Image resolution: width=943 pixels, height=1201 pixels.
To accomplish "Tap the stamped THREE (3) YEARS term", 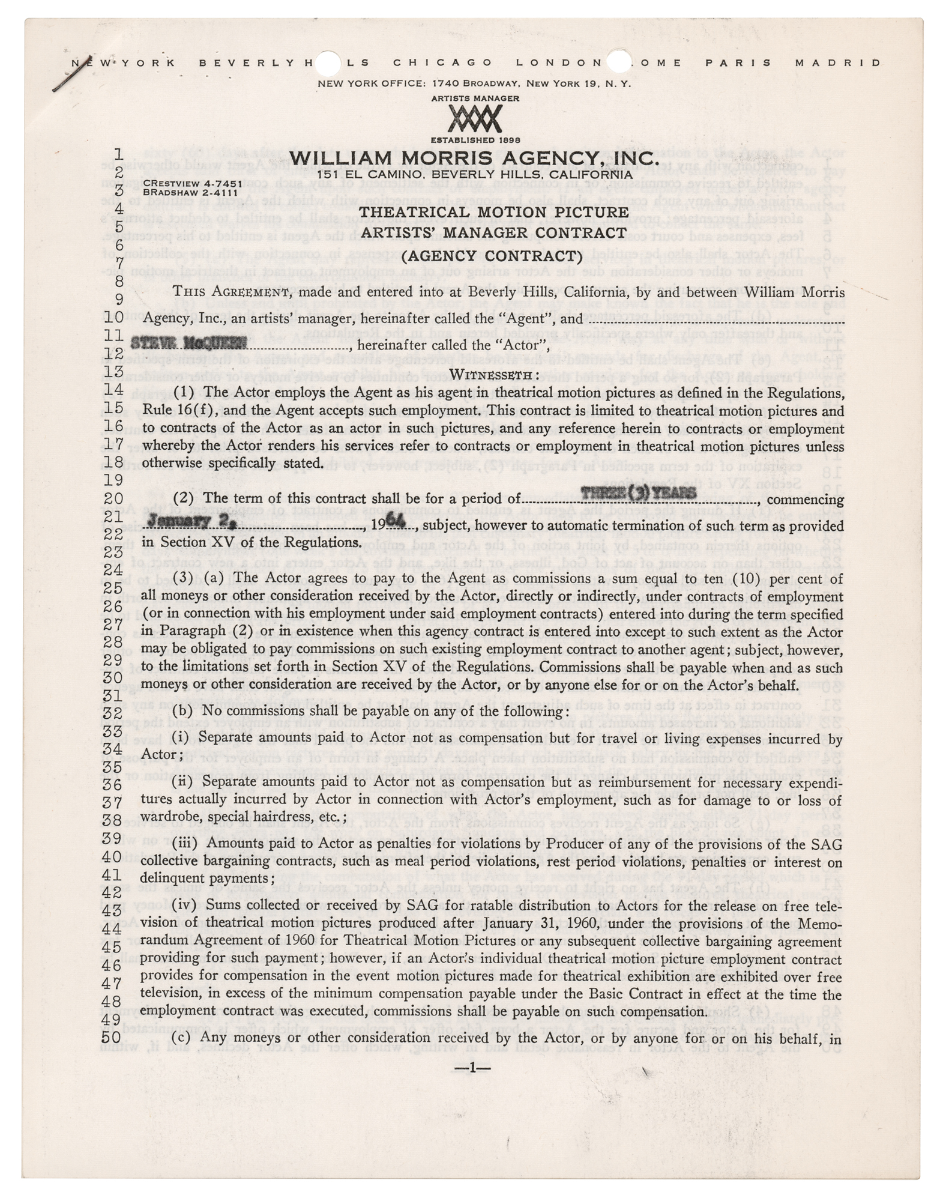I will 639,493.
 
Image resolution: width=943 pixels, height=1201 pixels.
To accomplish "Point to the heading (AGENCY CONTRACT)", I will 492,256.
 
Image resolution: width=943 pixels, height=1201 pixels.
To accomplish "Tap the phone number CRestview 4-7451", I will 193,183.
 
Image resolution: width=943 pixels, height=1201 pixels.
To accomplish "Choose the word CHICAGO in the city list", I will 443,62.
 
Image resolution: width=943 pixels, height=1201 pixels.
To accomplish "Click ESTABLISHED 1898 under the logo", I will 475,140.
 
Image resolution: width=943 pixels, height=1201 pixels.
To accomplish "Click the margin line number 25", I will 112,587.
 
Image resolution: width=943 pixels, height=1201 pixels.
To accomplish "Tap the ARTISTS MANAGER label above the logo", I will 475,98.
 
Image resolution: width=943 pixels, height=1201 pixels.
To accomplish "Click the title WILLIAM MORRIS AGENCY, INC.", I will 474,158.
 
